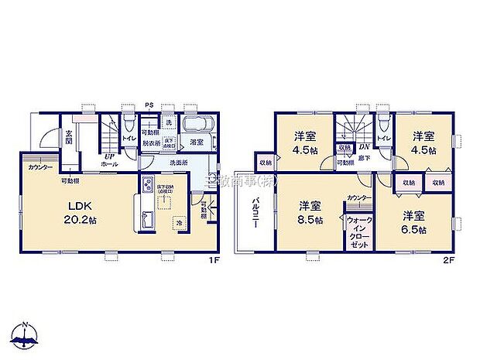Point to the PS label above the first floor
[x=149, y=105]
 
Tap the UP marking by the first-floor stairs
[x=109, y=156]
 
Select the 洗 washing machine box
[x=168, y=123]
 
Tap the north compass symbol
[x=27, y=334]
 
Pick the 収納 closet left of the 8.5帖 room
[x=266, y=162]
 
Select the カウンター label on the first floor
[x=40, y=168]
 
